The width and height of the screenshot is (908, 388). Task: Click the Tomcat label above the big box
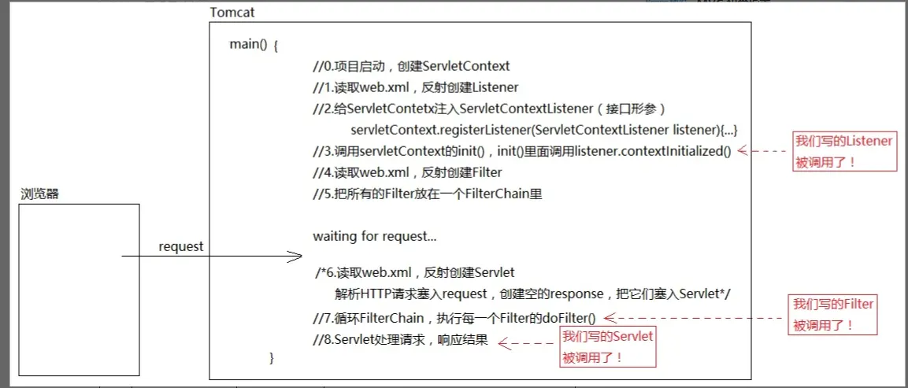[x=232, y=13]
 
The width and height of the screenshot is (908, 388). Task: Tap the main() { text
[x=254, y=45]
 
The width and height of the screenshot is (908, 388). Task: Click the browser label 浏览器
[x=39, y=194]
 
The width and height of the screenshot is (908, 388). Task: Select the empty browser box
[x=80, y=288]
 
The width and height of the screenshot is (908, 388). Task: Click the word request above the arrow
[x=180, y=246]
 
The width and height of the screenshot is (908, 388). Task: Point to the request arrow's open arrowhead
[x=296, y=257]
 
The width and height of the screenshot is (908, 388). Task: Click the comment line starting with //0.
[x=411, y=66]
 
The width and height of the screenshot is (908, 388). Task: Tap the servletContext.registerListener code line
[x=543, y=129]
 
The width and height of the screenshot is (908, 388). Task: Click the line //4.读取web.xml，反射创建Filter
[x=406, y=172]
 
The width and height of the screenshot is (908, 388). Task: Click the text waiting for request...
[x=374, y=235]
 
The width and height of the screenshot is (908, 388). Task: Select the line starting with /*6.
[x=414, y=272]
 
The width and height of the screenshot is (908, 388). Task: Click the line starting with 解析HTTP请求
[x=532, y=294]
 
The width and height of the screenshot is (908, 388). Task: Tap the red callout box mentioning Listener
[x=843, y=152]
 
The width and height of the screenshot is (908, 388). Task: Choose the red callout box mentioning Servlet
[x=607, y=347]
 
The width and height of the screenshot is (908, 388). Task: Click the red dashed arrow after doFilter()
[x=693, y=318]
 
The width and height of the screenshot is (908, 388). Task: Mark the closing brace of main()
[x=272, y=358]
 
